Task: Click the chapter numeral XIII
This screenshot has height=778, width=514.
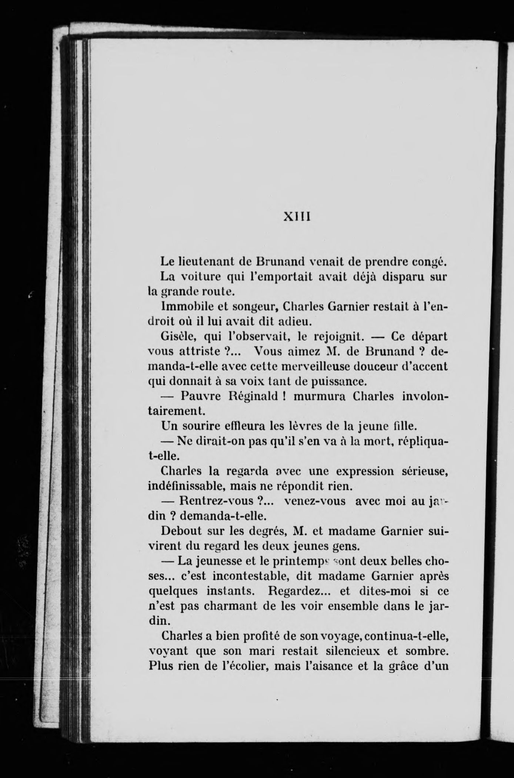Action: tap(296, 216)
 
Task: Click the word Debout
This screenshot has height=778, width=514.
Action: tap(181, 531)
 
